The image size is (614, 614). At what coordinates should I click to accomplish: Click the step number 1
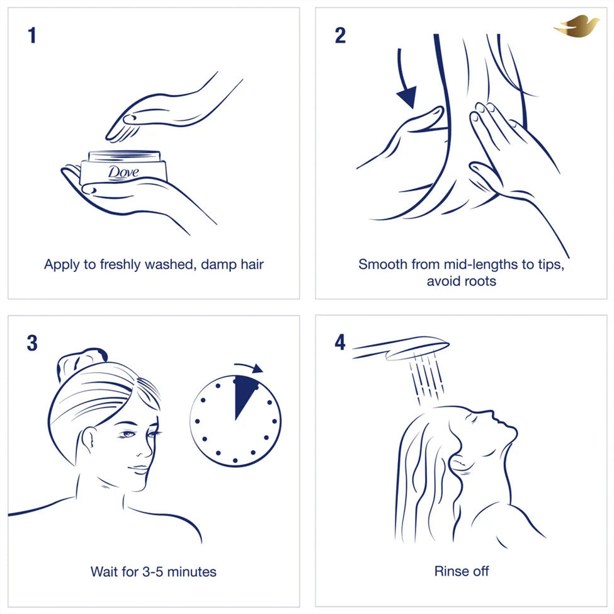click(x=32, y=35)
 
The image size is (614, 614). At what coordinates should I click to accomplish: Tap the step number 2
click(x=340, y=35)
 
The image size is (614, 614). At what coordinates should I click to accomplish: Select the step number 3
click(x=32, y=343)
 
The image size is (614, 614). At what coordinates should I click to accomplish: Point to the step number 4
click(x=340, y=342)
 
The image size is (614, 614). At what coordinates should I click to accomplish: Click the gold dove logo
click(x=576, y=26)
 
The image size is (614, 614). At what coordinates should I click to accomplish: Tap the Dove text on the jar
click(x=123, y=173)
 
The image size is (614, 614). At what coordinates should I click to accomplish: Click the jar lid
click(x=125, y=156)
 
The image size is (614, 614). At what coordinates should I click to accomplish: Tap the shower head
click(x=400, y=348)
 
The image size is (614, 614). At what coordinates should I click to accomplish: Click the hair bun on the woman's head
click(x=81, y=361)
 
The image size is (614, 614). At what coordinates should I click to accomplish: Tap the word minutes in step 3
click(x=192, y=572)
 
